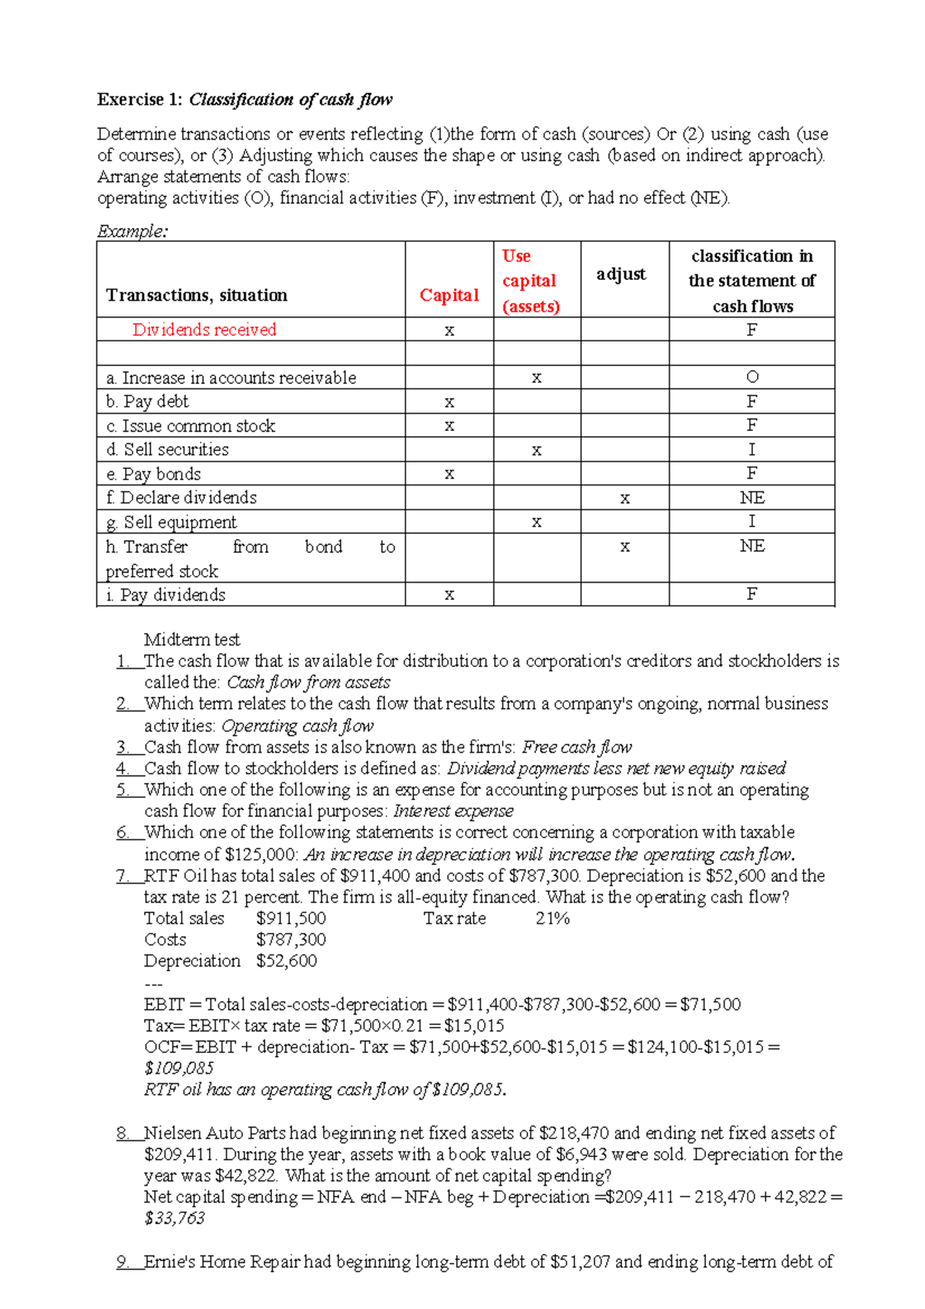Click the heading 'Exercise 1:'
pos(140,99)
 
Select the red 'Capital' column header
pos(449,295)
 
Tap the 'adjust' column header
pos(621,274)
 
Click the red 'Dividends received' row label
pos(204,330)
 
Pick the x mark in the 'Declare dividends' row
pos(624,499)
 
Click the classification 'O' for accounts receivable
pos(752,377)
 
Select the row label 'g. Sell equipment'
pos(171,523)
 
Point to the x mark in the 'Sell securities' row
pos(536,450)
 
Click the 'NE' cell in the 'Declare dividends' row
pos(752,498)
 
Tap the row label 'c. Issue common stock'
pos(190,426)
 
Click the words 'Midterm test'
pos(192,639)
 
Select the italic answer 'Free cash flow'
pos(577,747)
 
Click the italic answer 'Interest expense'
pos(453,811)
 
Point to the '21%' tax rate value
pos(552,918)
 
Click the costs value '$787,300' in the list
pos(291,940)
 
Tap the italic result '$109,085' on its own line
pos(179,1068)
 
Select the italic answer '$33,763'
pos(174,1218)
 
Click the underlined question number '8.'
pos(123,1133)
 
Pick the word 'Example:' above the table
pos(132,231)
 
